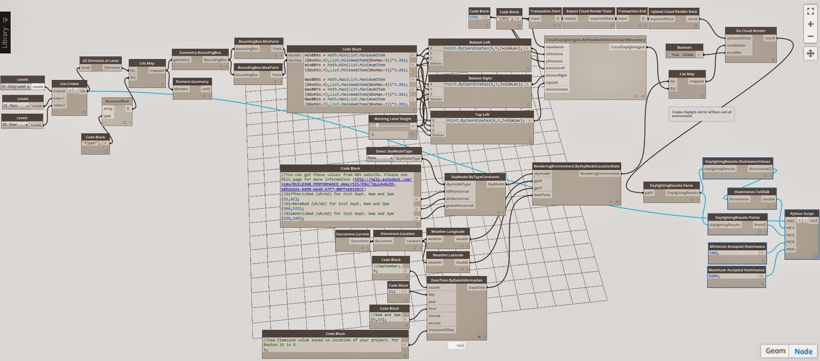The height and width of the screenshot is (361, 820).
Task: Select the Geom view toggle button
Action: pyautogui.click(x=775, y=351)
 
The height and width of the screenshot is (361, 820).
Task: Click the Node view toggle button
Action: pyautogui.click(x=803, y=351)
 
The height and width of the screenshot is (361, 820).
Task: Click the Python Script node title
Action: pyautogui.click(x=802, y=214)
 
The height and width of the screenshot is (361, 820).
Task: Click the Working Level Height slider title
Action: pyautogui.click(x=392, y=119)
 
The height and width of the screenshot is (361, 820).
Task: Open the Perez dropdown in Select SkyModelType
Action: pyautogui.click(x=380, y=158)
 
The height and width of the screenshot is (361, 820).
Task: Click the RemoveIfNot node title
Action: pyautogui.click(x=117, y=101)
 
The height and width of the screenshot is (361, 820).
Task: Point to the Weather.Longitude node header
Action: pyautogui.click(x=447, y=231)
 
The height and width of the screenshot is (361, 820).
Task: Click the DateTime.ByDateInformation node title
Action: pyautogui.click(x=456, y=280)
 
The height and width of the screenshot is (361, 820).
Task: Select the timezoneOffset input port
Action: pyautogui.click(x=441, y=330)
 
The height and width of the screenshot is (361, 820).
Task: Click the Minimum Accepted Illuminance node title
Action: pyautogui.click(x=737, y=246)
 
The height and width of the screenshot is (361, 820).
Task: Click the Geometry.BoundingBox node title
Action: pyautogui.click(x=200, y=52)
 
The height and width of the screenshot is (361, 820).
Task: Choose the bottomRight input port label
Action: pyautogui.click(x=556, y=75)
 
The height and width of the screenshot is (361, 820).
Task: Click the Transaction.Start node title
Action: pyautogui.click(x=545, y=11)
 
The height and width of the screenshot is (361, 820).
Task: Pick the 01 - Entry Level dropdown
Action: pyautogui.click(x=15, y=87)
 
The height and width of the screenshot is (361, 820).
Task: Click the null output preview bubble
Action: pyautogui.click(x=457, y=345)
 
